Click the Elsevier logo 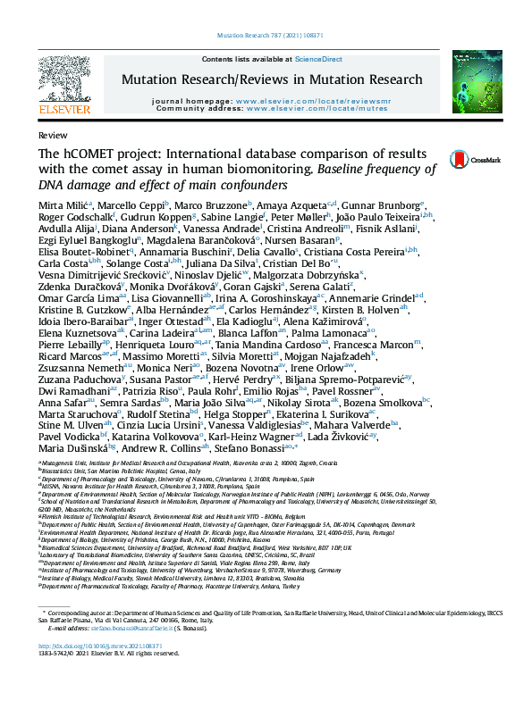click(x=64, y=84)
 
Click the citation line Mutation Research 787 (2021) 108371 click(x=266, y=37)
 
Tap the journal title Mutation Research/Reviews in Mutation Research click(x=272, y=79)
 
